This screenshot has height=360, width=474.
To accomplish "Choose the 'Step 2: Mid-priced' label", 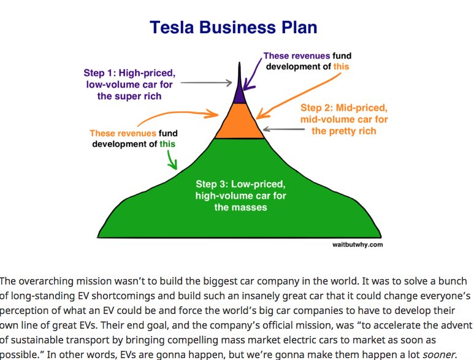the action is [x=344, y=108].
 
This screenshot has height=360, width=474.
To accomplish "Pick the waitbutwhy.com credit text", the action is [x=357, y=244].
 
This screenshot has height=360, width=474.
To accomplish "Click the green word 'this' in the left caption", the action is [x=167, y=144].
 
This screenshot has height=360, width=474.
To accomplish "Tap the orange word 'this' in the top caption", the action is [x=341, y=66].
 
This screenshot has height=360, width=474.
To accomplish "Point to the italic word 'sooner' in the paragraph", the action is [x=440, y=353].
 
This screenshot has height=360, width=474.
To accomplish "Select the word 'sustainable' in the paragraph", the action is [x=36, y=339].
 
